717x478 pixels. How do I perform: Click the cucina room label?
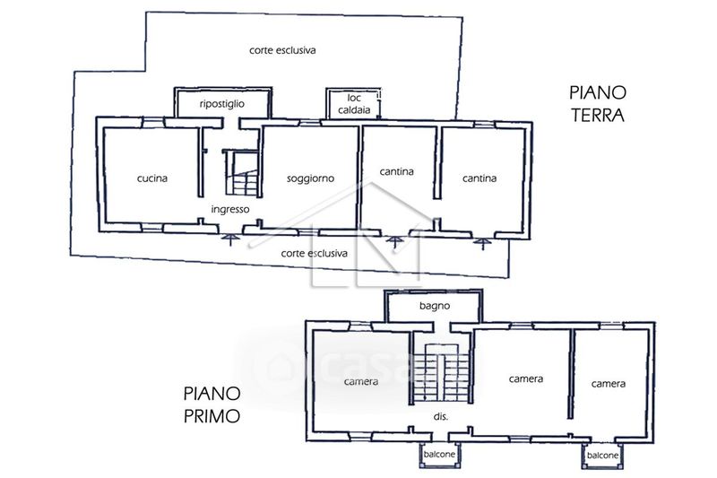click(152, 178)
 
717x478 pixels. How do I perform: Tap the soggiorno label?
click(310, 178)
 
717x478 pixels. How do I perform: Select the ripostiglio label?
click(221, 104)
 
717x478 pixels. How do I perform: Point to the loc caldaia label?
click(354, 104)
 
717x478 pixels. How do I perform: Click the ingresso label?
click(230, 210)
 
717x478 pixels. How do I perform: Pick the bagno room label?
click(435, 306)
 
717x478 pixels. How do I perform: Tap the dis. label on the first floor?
click(441, 417)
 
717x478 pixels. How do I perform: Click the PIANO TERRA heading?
click(597, 104)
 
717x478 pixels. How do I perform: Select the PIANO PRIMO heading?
click(212, 404)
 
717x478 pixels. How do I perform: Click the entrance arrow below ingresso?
click(230, 239)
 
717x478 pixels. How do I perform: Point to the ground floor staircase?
click(241, 173)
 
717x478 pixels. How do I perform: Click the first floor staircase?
click(441, 374)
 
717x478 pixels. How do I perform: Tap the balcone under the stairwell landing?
click(439, 454)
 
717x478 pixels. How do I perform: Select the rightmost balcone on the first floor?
click(602, 456)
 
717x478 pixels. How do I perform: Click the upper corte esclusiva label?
click(282, 50)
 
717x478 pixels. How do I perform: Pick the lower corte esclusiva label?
click(315, 254)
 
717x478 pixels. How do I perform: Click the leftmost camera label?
click(361, 381)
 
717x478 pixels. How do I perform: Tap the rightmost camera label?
click(609, 384)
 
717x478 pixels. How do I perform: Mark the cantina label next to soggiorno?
click(396, 171)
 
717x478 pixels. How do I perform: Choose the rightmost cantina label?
click(479, 178)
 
